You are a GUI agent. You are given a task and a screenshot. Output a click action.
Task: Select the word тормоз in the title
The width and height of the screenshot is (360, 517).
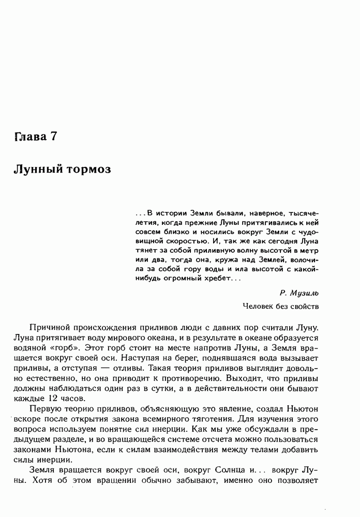[x=89, y=170]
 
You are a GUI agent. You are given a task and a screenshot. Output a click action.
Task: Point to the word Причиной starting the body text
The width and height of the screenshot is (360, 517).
[x=49, y=328]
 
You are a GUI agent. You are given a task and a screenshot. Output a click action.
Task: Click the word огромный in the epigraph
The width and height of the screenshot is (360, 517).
[x=181, y=279]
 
